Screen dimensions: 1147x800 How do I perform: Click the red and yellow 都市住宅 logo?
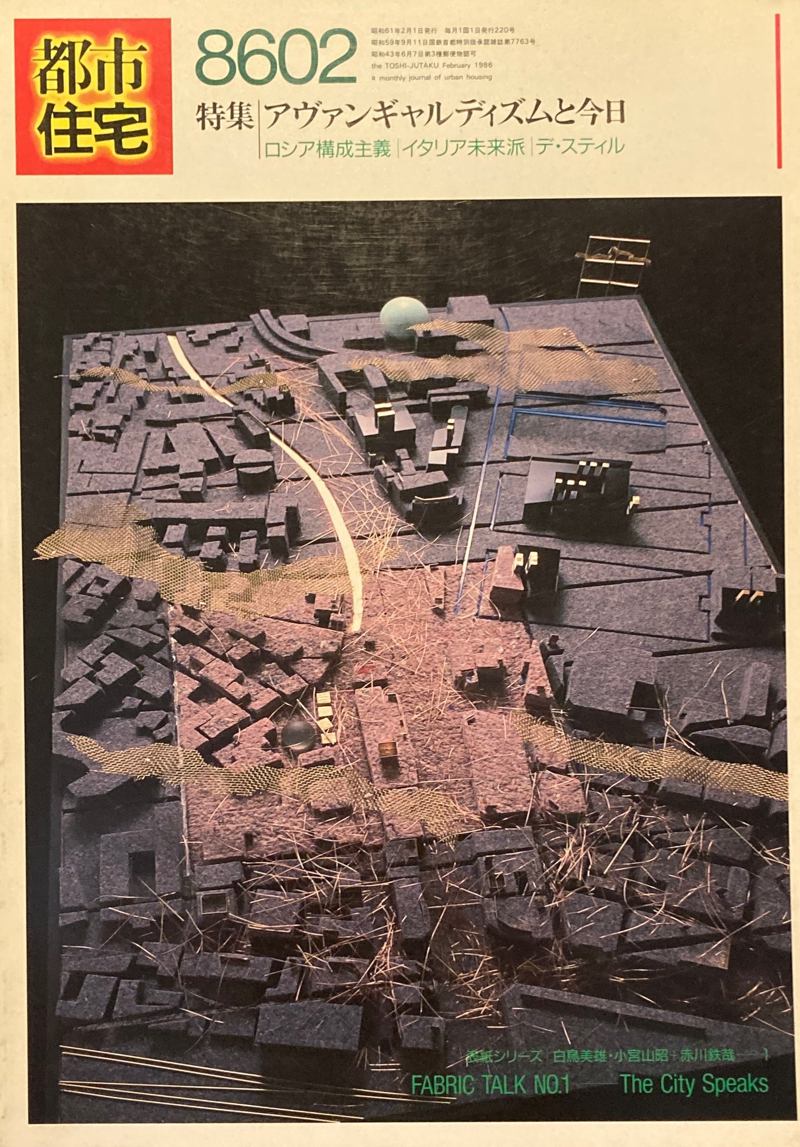pos(93,96)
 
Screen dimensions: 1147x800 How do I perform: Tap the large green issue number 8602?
pos(275,58)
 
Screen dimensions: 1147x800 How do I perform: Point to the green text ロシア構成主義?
pos(327,148)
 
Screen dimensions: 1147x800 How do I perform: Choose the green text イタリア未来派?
pos(463,148)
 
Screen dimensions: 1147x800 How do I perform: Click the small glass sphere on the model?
pos(298,736)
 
